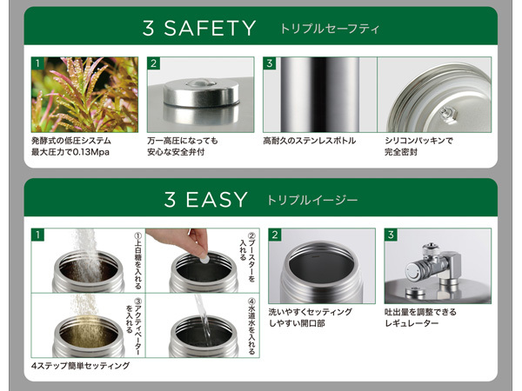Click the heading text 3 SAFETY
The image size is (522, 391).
coord(199,28)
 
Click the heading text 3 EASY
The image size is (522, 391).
coord(205,200)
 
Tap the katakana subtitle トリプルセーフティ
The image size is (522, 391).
coord(330,29)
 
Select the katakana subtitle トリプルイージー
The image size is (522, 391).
coord(312,200)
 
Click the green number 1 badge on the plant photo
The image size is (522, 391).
coord(37,63)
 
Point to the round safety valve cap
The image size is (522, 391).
coord(201,93)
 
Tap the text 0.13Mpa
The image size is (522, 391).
coord(90,152)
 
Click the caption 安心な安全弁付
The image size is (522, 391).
coord(176,152)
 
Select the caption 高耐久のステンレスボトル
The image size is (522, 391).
coord(309,141)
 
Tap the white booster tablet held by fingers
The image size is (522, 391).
coord(204,258)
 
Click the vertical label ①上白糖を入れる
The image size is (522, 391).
coord(137,261)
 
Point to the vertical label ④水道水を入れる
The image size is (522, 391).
coord(252,327)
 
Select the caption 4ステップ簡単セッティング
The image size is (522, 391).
coord(81,366)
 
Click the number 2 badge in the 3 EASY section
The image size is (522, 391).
coord(275,235)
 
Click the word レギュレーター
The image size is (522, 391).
coord(412,323)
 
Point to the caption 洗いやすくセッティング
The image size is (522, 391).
coord(311,312)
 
